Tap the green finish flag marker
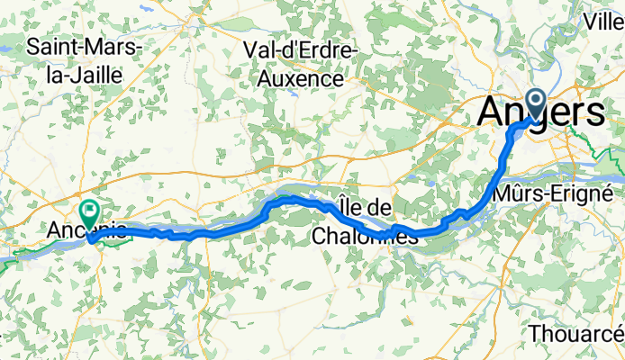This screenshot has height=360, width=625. pyautogui.click(x=90, y=213)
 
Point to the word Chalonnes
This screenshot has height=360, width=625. pyautogui.click(x=367, y=236)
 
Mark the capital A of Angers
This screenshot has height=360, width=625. pyautogui.click(x=492, y=112)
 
